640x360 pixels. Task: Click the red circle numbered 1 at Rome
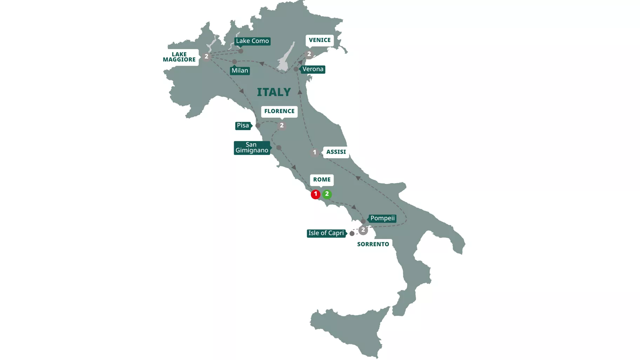coord(315,194)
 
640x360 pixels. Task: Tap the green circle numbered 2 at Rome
coord(327,194)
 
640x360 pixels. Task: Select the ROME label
coord(322,180)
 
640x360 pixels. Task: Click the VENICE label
coord(320,40)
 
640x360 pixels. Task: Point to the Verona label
coord(313,69)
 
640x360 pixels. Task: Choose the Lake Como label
coord(252,41)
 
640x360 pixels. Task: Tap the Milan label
coord(240,71)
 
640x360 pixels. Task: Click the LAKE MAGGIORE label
coord(179,57)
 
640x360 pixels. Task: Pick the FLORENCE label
coord(279,111)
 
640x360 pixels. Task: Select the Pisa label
coord(243,126)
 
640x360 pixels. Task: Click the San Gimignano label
coord(252,148)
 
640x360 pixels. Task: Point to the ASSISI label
coord(336,152)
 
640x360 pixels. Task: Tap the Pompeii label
coord(382,218)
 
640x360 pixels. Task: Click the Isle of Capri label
coord(326,233)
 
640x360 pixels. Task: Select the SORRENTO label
coord(373,244)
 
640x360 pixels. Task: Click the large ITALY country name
coord(274,92)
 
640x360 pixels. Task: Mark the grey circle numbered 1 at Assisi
coord(315,152)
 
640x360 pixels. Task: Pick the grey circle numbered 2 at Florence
coord(282,126)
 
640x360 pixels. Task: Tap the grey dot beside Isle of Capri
coord(352,234)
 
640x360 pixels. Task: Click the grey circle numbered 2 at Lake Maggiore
coord(206,56)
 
